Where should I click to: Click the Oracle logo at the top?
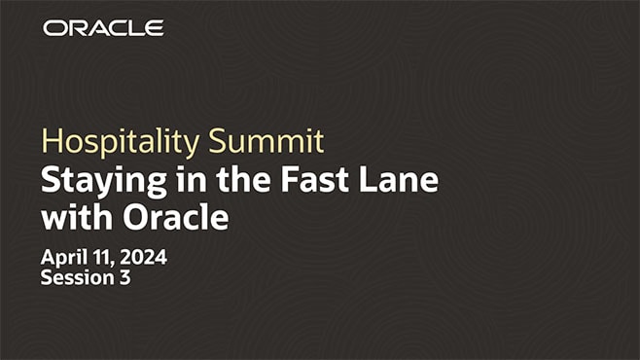[x=103, y=28]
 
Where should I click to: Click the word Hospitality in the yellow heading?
[x=122, y=143]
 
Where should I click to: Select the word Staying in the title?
[x=96, y=181]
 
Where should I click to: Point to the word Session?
[x=76, y=277]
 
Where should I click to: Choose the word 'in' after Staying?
[x=172, y=181]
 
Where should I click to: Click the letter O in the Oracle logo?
[x=53, y=28]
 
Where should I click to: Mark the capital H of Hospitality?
[x=51, y=142]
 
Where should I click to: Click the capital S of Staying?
[x=50, y=181]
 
